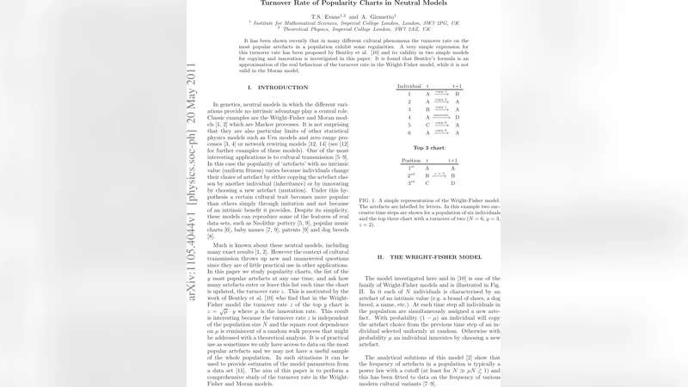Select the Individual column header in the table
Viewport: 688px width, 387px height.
click(x=408, y=87)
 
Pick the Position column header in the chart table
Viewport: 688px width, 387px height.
click(x=411, y=161)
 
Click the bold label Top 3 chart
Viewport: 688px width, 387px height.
click(x=429, y=148)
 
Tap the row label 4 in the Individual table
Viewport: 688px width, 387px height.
click(x=409, y=116)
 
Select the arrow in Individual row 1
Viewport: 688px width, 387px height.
click(x=441, y=94)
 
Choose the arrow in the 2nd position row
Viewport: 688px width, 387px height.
click(x=440, y=175)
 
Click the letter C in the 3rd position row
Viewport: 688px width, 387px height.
click(x=427, y=183)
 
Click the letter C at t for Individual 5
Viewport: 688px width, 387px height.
click(x=427, y=125)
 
